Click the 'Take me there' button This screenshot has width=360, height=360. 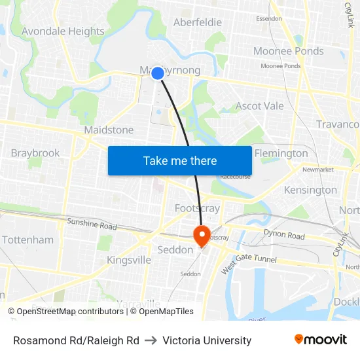[180, 160]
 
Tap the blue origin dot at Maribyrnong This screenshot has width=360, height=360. [158, 73]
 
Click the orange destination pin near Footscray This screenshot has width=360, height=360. [201, 235]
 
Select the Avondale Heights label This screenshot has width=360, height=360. [63, 31]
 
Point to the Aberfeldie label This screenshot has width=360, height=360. [197, 22]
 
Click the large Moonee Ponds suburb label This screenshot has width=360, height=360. [288, 51]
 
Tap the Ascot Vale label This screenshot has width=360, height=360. [259, 106]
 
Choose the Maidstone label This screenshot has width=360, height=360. [109, 130]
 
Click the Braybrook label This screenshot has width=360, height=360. [35, 153]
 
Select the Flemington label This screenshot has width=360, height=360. [281, 153]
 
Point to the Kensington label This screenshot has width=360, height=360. [310, 190]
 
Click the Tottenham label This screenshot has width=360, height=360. [27, 240]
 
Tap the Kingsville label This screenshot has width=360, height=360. [129, 260]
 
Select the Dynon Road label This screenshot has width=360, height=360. [284, 234]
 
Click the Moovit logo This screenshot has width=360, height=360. [321, 339]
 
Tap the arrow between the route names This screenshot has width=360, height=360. [151, 340]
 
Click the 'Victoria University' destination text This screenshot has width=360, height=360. [207, 340]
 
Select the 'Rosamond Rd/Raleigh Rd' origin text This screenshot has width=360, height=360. [76, 340]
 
